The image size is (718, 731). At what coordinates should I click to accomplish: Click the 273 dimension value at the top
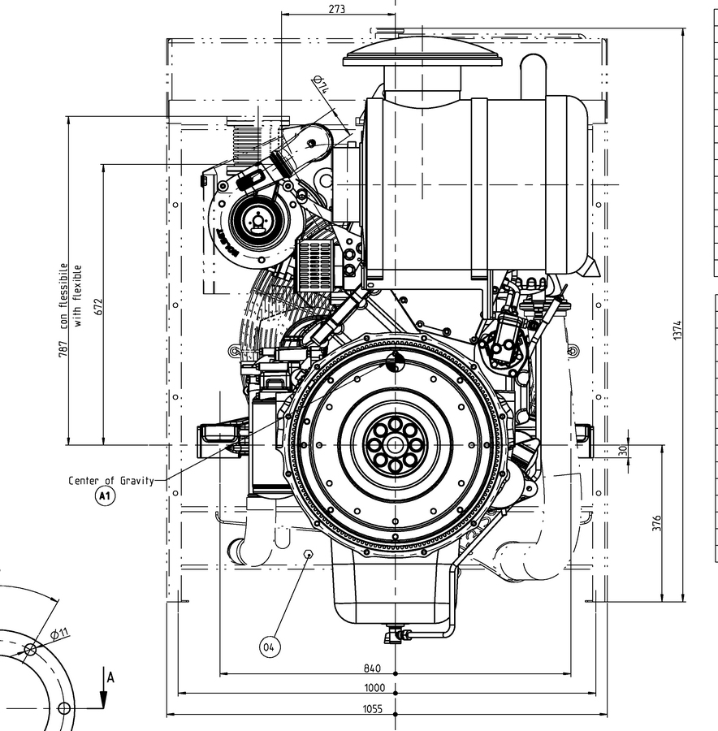[x=337, y=9]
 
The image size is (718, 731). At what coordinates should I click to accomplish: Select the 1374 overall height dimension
[x=677, y=329]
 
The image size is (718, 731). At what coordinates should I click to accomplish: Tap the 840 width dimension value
[x=372, y=668]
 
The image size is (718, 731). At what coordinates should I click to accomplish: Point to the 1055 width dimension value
[x=372, y=709]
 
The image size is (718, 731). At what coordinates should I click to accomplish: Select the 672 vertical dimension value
[x=99, y=306]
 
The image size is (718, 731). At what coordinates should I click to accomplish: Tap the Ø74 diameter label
[x=319, y=85]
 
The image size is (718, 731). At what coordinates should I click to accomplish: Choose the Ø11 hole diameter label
[x=58, y=633]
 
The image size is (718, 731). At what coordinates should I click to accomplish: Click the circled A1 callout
[x=104, y=495]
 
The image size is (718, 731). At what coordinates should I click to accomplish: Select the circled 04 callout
[x=270, y=647]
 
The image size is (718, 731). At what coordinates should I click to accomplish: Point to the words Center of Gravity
[x=110, y=480]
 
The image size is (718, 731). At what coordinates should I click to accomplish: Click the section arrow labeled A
[x=105, y=690]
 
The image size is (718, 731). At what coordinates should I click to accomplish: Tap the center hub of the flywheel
[x=395, y=444]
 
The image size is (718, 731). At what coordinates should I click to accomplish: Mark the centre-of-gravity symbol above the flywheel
[x=395, y=363]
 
